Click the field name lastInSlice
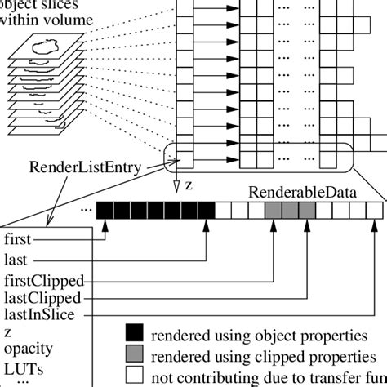pyautogui.click(x=38, y=314)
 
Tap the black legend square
pyautogui.click(x=135, y=332)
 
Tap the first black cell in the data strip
pyautogui.click(x=105, y=210)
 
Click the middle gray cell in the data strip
pyautogui.click(x=289, y=210)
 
